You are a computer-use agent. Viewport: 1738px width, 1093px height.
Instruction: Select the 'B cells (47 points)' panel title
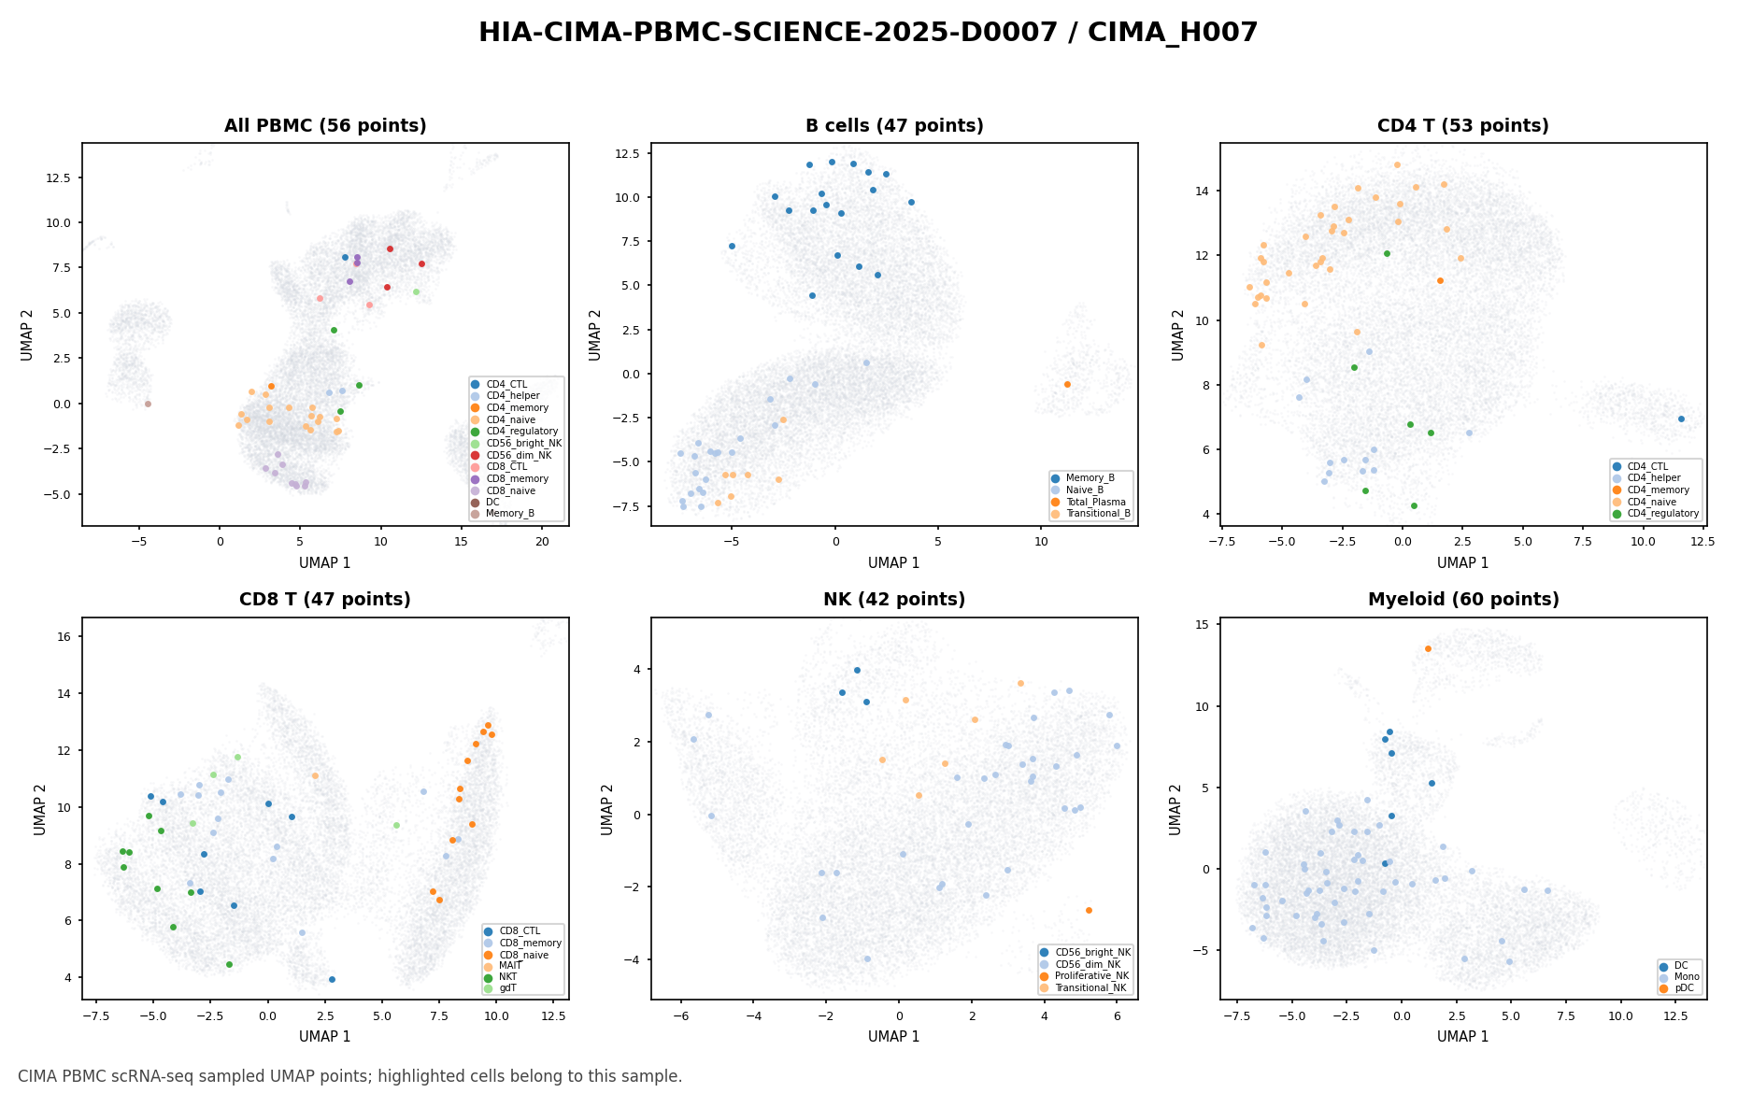(x=894, y=126)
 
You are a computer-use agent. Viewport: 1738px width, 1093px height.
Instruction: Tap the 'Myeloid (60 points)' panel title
(x=1463, y=600)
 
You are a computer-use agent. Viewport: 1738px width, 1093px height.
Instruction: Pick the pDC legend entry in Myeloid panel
(x=1679, y=988)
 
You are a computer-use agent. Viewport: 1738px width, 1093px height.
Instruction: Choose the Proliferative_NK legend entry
(x=1085, y=976)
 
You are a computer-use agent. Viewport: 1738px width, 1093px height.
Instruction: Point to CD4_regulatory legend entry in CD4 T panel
(x=1655, y=514)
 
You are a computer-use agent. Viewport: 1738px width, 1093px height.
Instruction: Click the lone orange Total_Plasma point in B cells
(x=1067, y=384)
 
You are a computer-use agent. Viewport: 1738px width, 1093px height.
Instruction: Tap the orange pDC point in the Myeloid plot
(x=1428, y=648)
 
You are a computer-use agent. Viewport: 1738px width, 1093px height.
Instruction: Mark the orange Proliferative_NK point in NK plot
(x=1089, y=910)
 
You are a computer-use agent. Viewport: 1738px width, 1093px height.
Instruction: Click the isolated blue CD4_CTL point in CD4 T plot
(x=1681, y=419)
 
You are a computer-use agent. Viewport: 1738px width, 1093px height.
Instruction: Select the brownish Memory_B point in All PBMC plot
(x=148, y=404)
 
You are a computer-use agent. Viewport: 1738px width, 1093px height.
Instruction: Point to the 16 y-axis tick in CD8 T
(x=68, y=636)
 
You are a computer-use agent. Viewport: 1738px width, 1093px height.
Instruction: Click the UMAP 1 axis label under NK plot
(x=894, y=1037)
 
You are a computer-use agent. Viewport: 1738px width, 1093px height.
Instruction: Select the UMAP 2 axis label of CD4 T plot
(x=1178, y=334)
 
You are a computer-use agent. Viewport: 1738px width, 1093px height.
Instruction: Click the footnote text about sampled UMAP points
(x=350, y=1076)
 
